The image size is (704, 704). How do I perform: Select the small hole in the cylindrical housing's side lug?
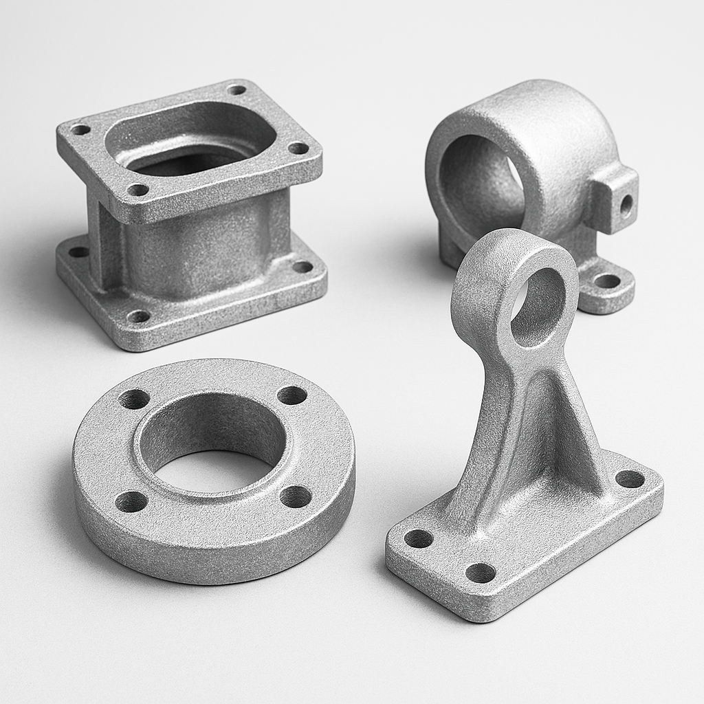click(626, 203)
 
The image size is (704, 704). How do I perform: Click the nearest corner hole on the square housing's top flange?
click(138, 189)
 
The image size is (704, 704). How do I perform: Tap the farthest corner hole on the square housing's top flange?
click(236, 89)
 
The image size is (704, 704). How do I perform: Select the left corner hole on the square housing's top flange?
click(80, 129)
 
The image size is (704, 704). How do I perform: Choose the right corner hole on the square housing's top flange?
click(298, 148)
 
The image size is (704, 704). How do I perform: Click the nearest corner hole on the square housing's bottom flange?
click(139, 316)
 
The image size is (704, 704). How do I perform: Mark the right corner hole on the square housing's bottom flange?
click(302, 267)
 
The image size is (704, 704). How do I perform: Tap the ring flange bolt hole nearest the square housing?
click(134, 399)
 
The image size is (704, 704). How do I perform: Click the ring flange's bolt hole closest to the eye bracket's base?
click(296, 496)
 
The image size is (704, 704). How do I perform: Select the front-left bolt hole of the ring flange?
click(131, 502)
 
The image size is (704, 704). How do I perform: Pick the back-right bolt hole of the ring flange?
click(292, 395)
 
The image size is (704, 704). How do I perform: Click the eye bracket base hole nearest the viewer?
click(480, 573)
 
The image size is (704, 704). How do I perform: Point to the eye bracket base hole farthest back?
click(630, 478)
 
